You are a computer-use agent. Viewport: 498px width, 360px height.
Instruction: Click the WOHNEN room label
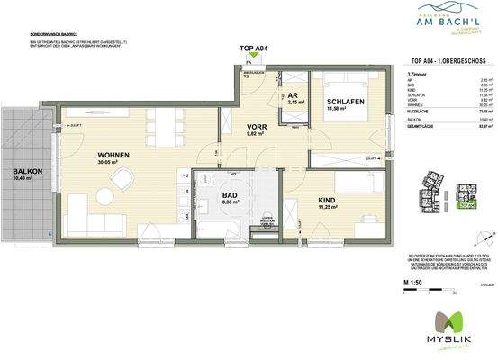(114, 156)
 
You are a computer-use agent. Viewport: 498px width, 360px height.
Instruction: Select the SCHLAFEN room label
(345, 102)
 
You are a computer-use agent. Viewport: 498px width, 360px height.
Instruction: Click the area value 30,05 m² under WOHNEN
(114, 164)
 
